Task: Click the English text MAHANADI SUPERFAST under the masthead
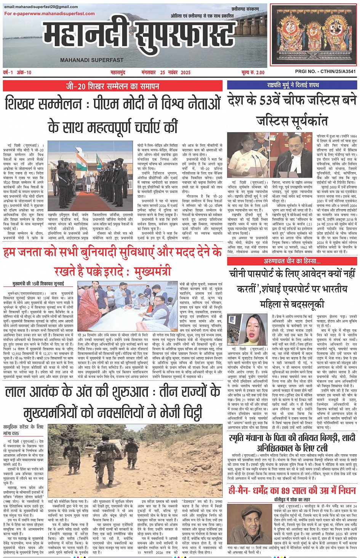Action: (x=92, y=60)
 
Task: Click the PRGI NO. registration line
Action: (x=325, y=71)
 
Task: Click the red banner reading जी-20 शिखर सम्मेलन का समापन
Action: (x=112, y=86)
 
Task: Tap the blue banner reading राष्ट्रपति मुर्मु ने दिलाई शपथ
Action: (x=293, y=85)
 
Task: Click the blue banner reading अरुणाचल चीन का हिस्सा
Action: (x=292, y=261)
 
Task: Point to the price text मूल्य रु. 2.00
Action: (x=253, y=72)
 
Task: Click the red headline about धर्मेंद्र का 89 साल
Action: (x=292, y=490)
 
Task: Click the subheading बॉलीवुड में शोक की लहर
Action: (x=292, y=499)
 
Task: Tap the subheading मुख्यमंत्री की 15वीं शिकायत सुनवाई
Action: (x=38, y=284)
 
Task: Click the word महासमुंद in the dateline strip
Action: (x=118, y=72)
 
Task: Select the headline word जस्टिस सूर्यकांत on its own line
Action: (x=292, y=121)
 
